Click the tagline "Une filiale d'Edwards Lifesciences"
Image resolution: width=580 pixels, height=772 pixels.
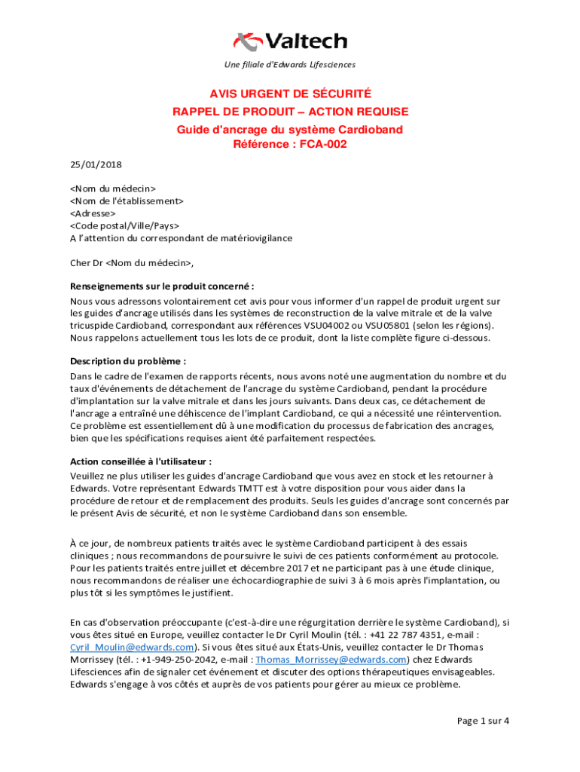pos(290,65)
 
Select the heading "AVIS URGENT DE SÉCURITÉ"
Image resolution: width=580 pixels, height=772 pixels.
pos(290,94)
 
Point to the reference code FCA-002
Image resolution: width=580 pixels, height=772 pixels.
pos(322,144)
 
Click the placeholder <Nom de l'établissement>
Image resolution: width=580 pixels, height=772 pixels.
pos(127,201)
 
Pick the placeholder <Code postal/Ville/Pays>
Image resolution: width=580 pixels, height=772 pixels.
pos(124,225)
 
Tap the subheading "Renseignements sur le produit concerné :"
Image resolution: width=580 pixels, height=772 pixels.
pos(162,286)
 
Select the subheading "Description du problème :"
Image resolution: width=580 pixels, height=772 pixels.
pos(127,361)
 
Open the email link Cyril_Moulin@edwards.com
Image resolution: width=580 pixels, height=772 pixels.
pos(132,648)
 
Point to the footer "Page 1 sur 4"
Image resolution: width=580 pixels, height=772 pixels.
pos(484,721)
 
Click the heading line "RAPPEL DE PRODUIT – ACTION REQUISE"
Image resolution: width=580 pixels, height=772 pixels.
pos(290,112)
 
